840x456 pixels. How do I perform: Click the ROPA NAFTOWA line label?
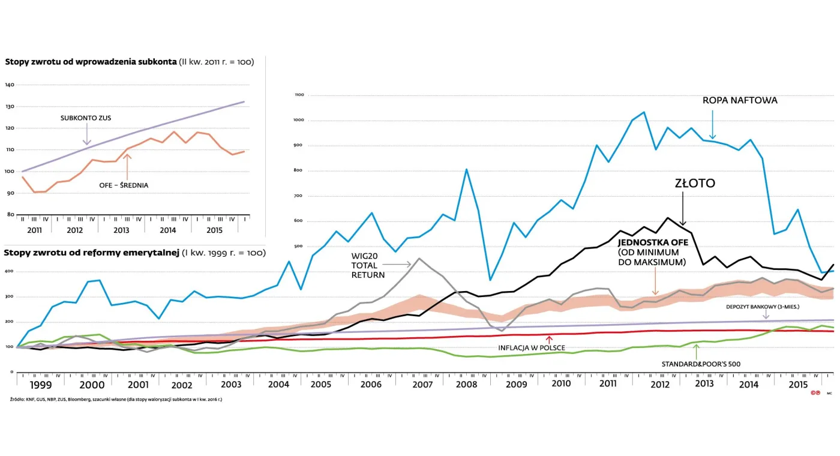point(740,100)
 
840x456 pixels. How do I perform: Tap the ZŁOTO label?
point(695,184)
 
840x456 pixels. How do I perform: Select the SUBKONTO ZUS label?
point(86,118)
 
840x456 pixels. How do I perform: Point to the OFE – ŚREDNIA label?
point(124,185)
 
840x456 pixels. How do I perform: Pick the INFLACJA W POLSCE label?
point(531,347)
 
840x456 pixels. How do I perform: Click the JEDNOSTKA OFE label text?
point(652,243)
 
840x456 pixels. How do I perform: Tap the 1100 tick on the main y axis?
point(300,95)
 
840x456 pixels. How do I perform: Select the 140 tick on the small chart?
point(10,85)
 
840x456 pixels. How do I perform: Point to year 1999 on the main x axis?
point(40,384)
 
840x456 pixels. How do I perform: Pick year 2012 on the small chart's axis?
point(74,230)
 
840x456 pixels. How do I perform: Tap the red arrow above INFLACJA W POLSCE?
point(548,339)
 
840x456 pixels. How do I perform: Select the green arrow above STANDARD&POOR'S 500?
point(695,352)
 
